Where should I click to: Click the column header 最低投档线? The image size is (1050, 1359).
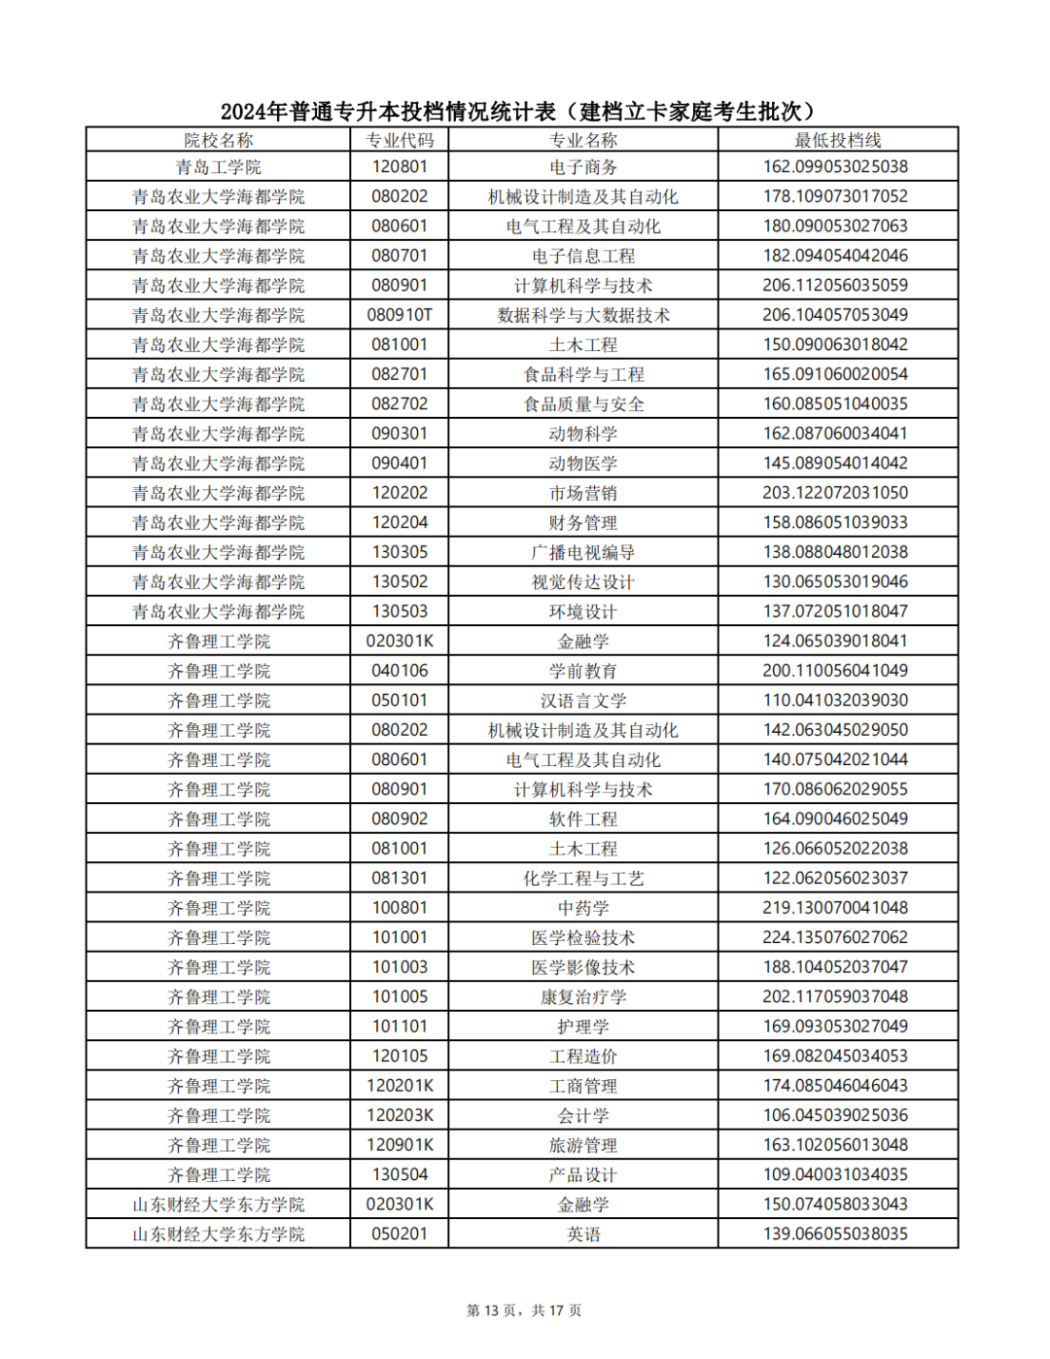click(x=837, y=140)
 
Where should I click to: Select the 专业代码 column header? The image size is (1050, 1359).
click(x=400, y=140)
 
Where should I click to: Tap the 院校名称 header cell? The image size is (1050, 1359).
click(x=219, y=140)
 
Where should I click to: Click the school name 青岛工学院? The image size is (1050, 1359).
click(x=219, y=167)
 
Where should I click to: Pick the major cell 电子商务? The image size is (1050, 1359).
click(x=583, y=167)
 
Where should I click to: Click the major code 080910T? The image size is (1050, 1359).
click(x=400, y=315)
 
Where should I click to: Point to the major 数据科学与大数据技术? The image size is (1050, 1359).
click(x=583, y=315)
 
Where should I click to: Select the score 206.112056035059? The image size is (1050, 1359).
click(x=835, y=285)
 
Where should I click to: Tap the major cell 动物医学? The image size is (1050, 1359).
click(x=583, y=464)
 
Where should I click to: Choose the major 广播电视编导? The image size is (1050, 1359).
click(x=583, y=552)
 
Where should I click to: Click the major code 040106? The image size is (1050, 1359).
click(x=400, y=671)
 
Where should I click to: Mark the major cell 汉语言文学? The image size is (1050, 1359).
click(x=583, y=701)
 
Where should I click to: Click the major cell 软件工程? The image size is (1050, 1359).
click(x=583, y=819)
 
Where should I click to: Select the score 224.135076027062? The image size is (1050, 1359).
click(x=835, y=937)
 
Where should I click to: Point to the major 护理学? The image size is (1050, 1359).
click(x=583, y=1027)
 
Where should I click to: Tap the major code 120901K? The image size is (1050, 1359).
click(x=400, y=1145)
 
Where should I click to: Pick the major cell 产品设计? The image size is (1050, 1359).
click(x=583, y=1175)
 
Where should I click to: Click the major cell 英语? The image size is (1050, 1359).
click(x=583, y=1235)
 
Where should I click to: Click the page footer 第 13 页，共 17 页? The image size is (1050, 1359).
click(x=524, y=1310)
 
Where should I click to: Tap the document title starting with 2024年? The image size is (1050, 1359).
click(x=517, y=112)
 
